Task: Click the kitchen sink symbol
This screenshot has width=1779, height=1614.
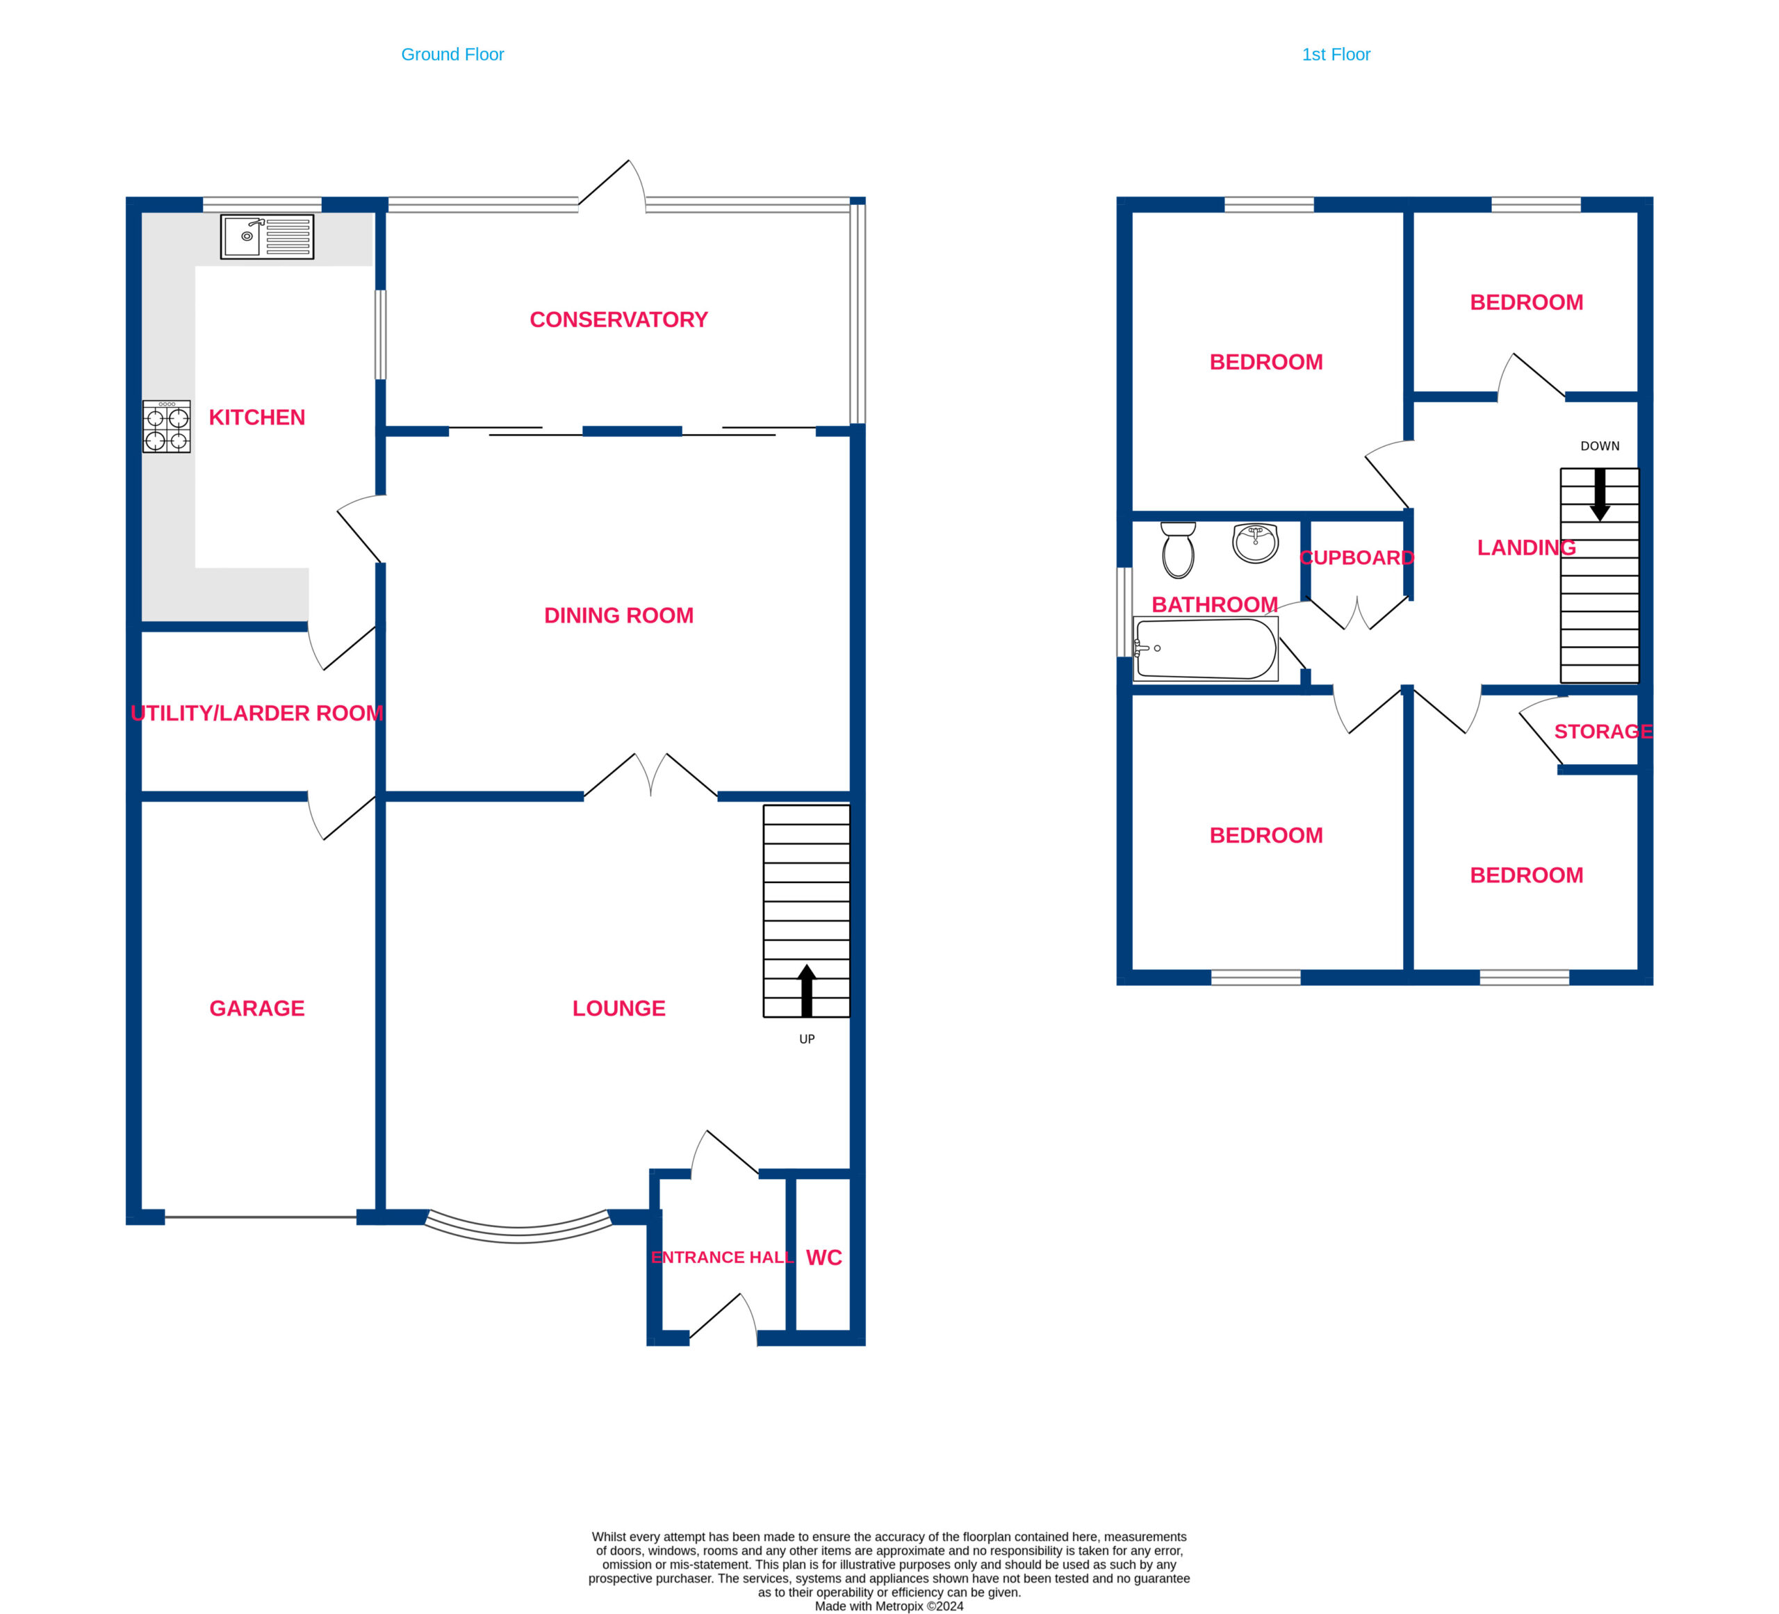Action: [x=266, y=236]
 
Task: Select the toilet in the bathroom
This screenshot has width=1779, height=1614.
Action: [x=1178, y=550]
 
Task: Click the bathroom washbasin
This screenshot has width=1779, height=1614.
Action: [x=1256, y=543]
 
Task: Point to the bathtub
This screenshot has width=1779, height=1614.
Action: [x=1206, y=649]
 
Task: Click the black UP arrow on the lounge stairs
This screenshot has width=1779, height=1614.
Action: [x=807, y=990]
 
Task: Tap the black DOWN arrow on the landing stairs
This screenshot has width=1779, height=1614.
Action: [x=1600, y=494]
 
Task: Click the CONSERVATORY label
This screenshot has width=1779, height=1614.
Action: [x=618, y=320]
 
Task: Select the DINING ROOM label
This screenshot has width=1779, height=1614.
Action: [x=618, y=615]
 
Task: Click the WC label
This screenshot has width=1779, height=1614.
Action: [x=824, y=1258]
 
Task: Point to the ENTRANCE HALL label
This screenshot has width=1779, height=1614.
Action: [x=722, y=1258]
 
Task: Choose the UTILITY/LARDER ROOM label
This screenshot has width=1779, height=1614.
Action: [x=257, y=713]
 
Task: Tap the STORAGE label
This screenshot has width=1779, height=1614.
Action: [x=1603, y=732]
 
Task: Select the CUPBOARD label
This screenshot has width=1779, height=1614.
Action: [x=1357, y=558]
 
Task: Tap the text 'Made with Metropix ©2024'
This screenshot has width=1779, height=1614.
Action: [x=889, y=1606]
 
